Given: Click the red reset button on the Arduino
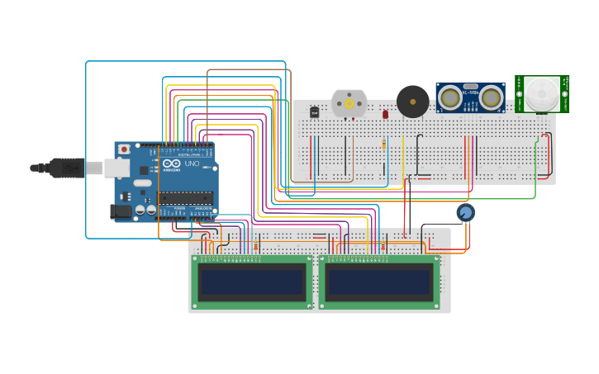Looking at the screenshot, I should click(124, 149).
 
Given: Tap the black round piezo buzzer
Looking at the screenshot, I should click(412, 102).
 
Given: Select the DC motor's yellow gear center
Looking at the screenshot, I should click(349, 104).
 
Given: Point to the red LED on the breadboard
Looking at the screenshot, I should click(385, 114).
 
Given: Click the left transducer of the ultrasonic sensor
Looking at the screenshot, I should click(450, 98).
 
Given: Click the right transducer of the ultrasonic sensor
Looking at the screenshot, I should click(491, 98).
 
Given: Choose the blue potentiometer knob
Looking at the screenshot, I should click(466, 213).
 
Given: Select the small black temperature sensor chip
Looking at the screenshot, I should click(315, 111).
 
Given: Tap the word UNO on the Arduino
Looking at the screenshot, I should click(191, 164).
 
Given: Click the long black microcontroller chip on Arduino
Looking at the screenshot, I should click(186, 197).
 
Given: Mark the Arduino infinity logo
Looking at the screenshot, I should click(171, 163).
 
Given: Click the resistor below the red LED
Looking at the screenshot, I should click(384, 144).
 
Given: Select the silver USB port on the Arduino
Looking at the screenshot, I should click(116, 168).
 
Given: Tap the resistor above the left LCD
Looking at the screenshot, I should click(256, 246).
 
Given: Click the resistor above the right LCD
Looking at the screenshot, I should click(383, 246).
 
